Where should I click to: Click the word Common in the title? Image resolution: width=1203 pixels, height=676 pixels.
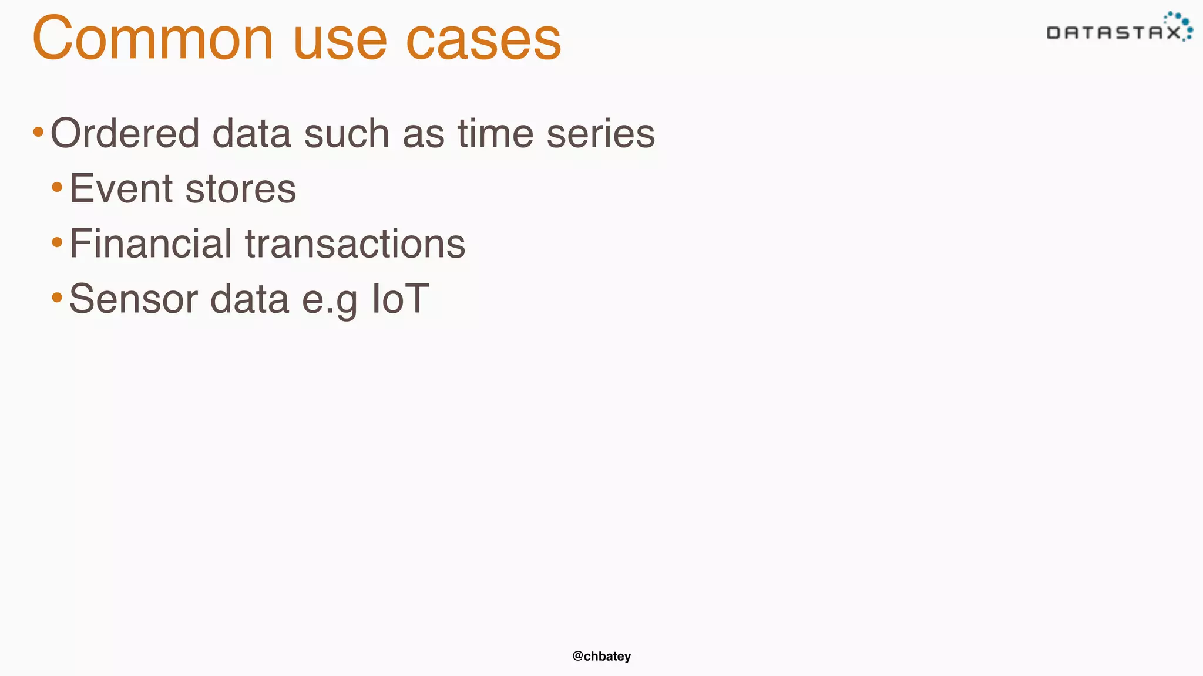click(x=153, y=39)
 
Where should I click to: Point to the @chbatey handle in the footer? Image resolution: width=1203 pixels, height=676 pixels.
click(x=601, y=656)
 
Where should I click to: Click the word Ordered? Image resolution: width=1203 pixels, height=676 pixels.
click(x=125, y=133)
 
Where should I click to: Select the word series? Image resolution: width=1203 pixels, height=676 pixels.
click(x=600, y=133)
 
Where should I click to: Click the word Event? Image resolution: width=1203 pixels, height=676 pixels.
click(x=121, y=188)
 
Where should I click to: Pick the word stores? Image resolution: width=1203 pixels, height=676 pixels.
click(x=240, y=188)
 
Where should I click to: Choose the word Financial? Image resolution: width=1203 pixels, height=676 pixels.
click(x=150, y=244)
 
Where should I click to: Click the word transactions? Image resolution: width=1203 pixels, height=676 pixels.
click(x=355, y=244)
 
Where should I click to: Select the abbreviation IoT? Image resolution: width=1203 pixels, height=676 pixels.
click(x=400, y=299)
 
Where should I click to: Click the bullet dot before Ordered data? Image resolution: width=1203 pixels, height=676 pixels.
click(x=38, y=132)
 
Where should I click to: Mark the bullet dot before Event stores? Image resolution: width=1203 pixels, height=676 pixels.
click(x=57, y=187)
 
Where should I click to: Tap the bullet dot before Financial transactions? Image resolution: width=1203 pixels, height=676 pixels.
click(x=57, y=242)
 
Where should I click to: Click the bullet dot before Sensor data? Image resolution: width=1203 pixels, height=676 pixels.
click(x=57, y=298)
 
